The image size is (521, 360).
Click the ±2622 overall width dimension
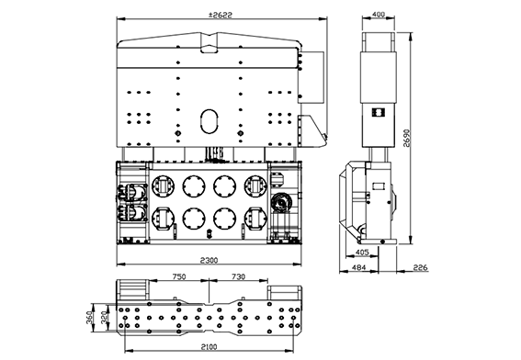[x=221, y=15]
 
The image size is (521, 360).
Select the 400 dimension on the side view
[x=379, y=15]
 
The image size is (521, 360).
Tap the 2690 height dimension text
[x=406, y=138]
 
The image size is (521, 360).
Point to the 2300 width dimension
[x=209, y=260]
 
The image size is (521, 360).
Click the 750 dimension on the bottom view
[x=179, y=276]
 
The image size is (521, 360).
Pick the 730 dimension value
[x=238, y=276]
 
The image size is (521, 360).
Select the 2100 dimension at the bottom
[x=209, y=347]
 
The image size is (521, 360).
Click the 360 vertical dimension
[x=89, y=318]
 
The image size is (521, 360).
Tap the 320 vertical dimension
[x=104, y=318]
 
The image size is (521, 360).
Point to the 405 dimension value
[x=362, y=252]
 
